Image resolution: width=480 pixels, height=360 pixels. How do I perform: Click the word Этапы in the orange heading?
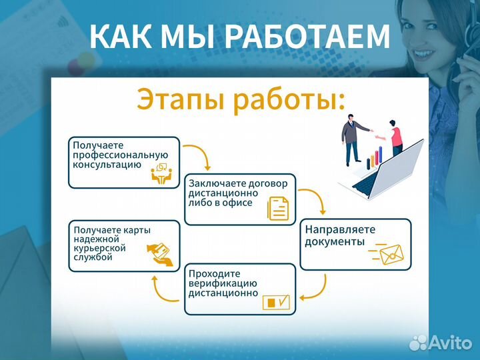coord(180,99)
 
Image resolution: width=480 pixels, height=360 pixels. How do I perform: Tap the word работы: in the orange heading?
coord(289,99)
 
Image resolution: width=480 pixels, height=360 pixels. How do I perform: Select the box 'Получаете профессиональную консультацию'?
coord(124,162)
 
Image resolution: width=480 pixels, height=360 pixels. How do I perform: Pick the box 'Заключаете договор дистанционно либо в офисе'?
coord(239,198)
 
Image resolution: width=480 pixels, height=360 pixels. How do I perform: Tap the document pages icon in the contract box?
coord(278,208)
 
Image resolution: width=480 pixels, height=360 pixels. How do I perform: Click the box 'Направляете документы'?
coord(355,244)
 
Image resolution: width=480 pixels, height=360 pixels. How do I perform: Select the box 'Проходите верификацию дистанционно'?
coord(239,289)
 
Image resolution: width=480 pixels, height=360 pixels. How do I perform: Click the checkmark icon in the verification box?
coord(277,302)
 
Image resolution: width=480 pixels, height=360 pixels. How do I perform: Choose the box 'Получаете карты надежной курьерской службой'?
coord(124,246)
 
